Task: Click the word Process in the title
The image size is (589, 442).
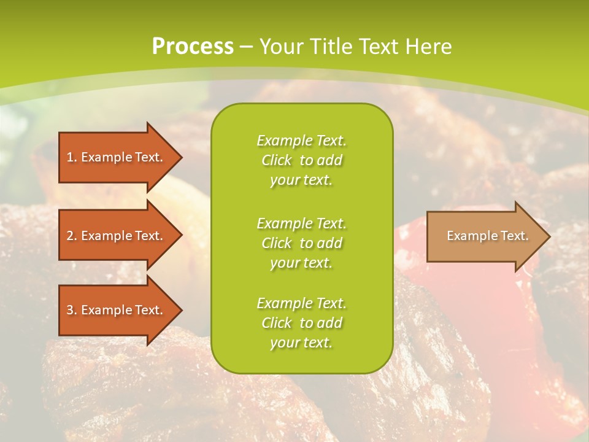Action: point(193,47)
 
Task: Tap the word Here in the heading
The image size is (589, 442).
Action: point(428,47)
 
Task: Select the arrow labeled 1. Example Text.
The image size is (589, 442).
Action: point(115,157)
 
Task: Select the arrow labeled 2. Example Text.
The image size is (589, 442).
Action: point(115,236)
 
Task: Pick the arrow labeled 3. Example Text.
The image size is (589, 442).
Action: point(115,310)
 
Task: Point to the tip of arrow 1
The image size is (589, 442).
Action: point(180,157)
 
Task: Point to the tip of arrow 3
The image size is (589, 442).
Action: point(180,310)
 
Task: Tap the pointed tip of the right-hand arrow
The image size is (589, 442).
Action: point(548,236)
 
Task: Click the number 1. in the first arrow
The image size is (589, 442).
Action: point(72,157)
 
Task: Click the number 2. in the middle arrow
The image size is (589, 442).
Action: point(72,236)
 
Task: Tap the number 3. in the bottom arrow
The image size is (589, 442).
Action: point(72,310)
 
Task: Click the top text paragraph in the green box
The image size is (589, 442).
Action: point(301,160)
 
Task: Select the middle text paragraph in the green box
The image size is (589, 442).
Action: point(301,243)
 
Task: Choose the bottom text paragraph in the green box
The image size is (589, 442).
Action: point(301,323)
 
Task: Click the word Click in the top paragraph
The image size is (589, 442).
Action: point(277,160)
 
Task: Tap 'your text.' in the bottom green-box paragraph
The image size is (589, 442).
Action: point(301,343)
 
